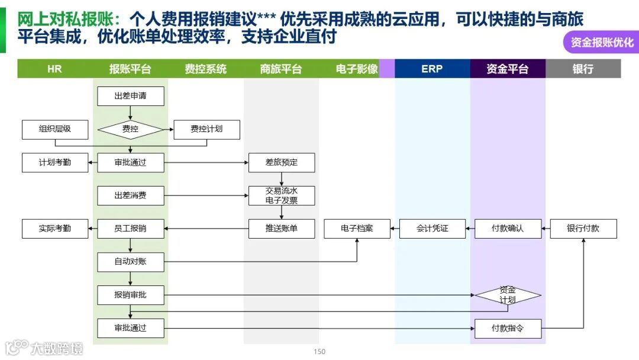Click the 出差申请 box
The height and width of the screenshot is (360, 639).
[130, 96]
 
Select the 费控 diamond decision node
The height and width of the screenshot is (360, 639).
[130, 129]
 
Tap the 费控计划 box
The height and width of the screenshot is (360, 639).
[206, 129]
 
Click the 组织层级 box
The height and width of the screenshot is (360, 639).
[55, 129]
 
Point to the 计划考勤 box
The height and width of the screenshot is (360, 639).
[55, 162]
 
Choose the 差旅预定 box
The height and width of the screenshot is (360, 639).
[282, 162]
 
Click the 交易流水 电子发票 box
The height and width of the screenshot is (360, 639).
[282, 195]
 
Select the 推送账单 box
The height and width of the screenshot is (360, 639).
[282, 229]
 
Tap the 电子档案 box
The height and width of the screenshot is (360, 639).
[357, 229]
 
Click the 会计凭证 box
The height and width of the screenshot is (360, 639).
[433, 229]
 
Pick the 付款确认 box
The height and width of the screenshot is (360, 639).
[508, 229]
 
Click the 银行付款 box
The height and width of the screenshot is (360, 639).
[583, 229]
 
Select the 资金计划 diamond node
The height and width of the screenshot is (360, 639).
[508, 295]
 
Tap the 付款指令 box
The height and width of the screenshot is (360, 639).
[508, 328]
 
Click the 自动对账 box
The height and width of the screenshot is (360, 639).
[130, 262]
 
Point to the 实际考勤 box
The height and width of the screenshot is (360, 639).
[55, 229]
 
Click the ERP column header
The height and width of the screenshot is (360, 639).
[432, 69]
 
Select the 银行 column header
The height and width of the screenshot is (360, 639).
[583, 69]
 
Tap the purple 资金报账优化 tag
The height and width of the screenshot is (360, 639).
[601, 43]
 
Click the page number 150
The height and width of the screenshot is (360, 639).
[319, 352]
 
